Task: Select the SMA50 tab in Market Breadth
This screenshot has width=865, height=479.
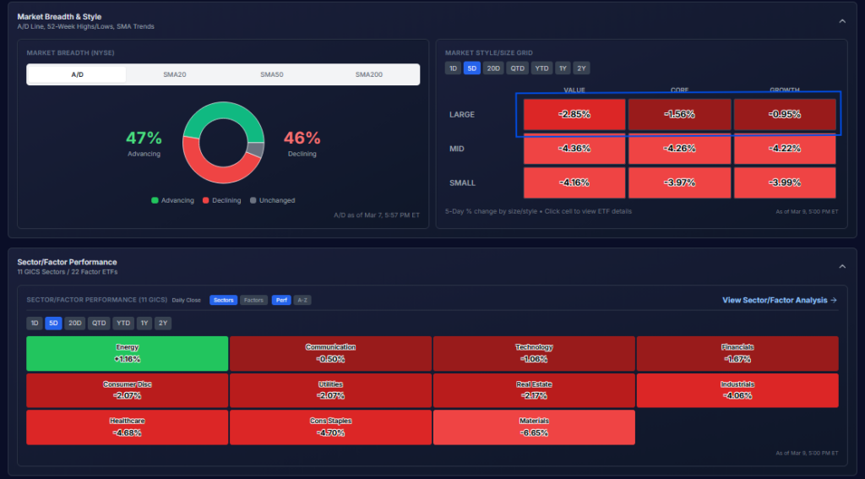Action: pos(272,74)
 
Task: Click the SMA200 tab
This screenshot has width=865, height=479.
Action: pos(369,74)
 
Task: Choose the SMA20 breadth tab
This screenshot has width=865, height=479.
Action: pos(175,74)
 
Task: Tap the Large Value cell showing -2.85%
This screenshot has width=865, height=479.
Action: pos(574,114)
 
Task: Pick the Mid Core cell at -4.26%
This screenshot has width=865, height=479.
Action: pos(679,149)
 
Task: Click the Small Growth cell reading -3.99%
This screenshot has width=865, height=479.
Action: pos(784,182)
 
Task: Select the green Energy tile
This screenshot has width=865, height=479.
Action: pos(128,353)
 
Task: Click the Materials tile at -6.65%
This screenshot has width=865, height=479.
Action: pos(534,427)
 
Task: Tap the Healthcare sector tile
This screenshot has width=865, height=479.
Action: pos(128,427)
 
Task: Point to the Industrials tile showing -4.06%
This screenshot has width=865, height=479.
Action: pos(737,390)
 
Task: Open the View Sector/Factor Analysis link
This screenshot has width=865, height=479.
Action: pos(779,300)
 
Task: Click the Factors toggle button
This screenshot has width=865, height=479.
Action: pos(253,300)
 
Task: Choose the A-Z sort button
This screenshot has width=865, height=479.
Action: pos(302,300)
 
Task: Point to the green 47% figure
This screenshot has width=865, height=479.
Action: pos(144,138)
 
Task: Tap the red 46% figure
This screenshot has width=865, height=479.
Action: pos(302,138)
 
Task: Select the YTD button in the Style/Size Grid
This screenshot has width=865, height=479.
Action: pos(541,68)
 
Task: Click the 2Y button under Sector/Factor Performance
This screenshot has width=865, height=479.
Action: pos(163,323)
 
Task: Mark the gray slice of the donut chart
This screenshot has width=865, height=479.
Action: pos(256,150)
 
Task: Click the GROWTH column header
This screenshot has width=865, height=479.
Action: pos(784,90)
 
